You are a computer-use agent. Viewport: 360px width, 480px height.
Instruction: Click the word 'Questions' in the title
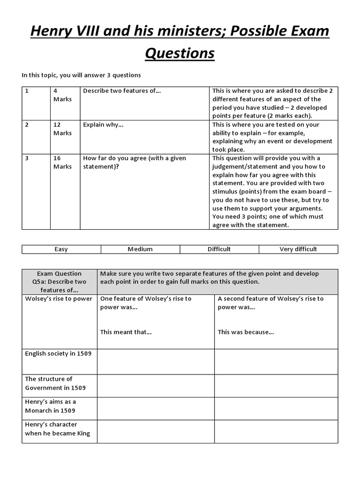point(180,53)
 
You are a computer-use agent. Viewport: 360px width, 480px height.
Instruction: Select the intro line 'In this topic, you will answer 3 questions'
point(81,75)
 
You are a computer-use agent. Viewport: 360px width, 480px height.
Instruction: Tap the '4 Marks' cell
point(62,95)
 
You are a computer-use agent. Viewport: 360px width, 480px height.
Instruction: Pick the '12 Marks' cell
point(62,129)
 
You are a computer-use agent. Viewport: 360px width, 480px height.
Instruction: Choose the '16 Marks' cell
point(62,162)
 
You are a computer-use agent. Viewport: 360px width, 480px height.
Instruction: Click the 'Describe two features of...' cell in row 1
point(122,91)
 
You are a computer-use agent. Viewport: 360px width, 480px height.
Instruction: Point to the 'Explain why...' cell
point(103,125)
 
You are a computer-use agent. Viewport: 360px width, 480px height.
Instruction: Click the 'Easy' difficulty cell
point(61,249)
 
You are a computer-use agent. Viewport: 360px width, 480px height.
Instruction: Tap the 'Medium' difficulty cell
point(140,249)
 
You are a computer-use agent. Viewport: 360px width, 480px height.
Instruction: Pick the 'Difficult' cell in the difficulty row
point(219,249)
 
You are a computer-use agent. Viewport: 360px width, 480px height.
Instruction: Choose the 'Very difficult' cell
point(298,249)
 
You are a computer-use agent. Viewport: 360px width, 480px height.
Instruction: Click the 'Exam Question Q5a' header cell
point(60,282)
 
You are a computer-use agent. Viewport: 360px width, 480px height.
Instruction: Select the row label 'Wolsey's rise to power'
point(59,299)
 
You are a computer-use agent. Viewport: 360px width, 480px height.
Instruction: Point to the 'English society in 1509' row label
point(58,354)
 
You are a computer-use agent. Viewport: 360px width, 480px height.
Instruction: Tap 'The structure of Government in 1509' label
point(55,383)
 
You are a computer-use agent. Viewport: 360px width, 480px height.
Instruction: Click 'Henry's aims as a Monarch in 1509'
point(51,406)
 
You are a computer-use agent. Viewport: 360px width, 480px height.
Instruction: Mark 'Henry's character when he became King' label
point(57,429)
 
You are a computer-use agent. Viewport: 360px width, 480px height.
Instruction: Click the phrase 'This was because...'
point(246,332)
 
